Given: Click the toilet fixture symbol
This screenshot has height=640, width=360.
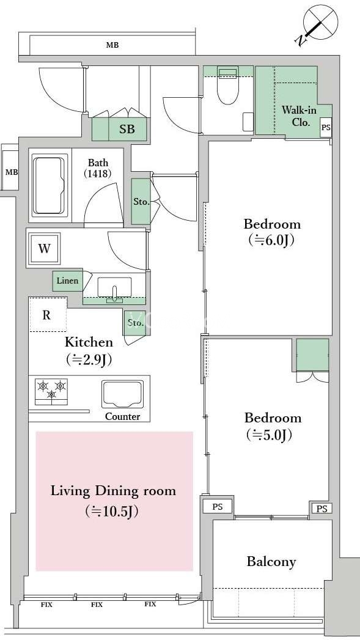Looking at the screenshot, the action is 227,85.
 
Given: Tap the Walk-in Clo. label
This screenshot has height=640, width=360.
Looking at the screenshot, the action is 299,116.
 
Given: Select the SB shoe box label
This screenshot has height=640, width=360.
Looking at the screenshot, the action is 127,130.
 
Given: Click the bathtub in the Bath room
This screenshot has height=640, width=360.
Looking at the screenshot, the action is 50,185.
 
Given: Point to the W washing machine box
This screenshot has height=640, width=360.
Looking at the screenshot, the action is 43,248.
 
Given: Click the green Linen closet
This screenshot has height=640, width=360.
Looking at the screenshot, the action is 67,281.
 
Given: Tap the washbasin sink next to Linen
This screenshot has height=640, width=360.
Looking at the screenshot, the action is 115,289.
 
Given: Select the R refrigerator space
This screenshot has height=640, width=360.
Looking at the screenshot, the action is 47,315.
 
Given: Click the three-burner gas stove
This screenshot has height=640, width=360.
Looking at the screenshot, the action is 51,391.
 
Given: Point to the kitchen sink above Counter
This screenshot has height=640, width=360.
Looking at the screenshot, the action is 122,395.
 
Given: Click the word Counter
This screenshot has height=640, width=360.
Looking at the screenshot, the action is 122,417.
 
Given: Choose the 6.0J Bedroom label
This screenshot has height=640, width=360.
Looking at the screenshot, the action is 272,232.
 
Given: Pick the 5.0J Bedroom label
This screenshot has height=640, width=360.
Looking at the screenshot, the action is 273,427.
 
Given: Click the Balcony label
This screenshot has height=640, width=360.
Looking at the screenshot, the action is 271,562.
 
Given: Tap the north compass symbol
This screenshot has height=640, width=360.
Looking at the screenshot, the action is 317,24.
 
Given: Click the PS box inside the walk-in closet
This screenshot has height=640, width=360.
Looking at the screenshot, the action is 326,127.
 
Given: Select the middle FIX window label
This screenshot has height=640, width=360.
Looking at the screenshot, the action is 97,605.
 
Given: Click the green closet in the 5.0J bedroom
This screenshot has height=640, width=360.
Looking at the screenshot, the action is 313,355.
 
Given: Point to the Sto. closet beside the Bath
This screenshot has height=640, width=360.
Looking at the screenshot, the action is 141,202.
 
